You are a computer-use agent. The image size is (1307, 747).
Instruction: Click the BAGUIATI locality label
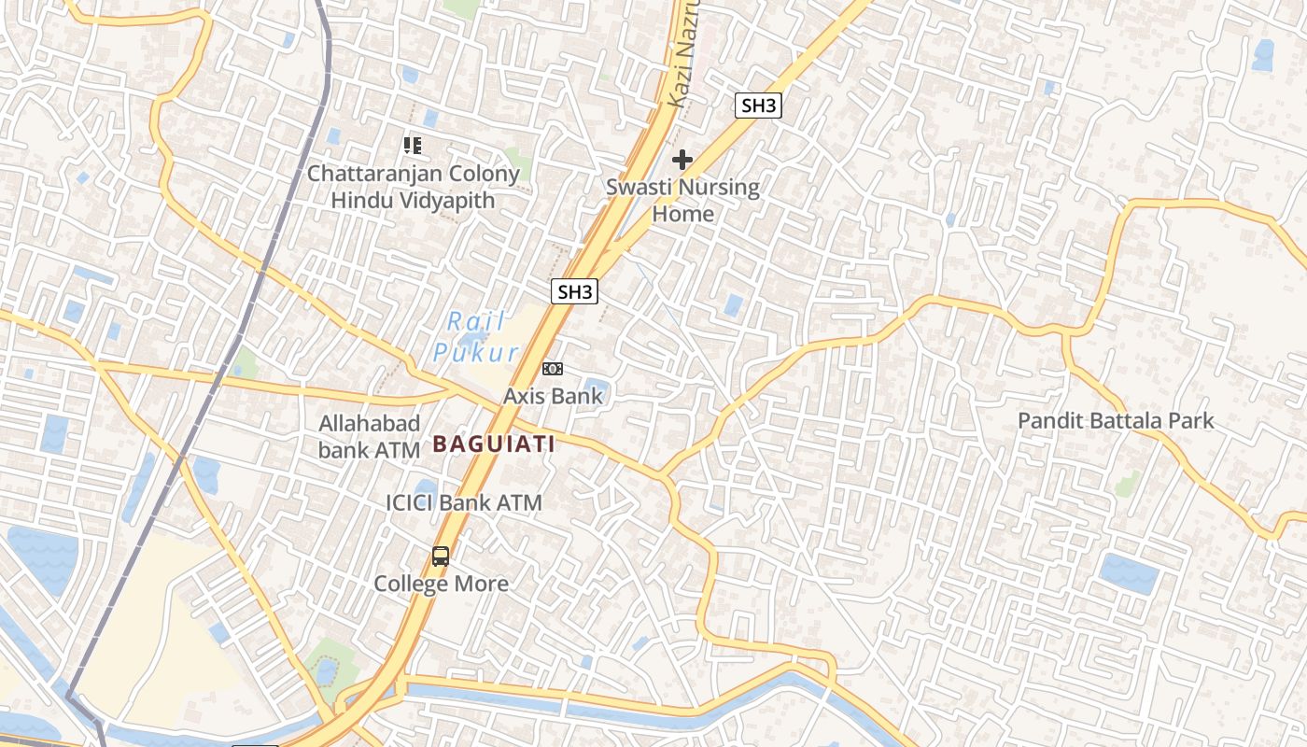[494, 444]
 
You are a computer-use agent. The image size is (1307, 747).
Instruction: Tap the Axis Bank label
[553, 396]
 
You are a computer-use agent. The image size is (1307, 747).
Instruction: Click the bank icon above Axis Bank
[553, 369]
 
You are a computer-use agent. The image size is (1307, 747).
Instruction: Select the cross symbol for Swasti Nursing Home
[682, 160]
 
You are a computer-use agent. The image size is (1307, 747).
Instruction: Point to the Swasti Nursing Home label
[682, 200]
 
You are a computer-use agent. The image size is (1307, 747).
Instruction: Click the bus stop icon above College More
[441, 557]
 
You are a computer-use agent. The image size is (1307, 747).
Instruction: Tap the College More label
[441, 584]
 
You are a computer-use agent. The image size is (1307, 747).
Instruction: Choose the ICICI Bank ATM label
[463, 502]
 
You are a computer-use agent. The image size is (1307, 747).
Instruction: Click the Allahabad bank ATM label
[369, 436]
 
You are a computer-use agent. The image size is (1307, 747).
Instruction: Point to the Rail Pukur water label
[476, 337]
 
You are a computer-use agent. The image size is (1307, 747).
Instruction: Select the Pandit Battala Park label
[1115, 420]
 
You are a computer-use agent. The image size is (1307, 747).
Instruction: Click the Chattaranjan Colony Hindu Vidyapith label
[413, 186]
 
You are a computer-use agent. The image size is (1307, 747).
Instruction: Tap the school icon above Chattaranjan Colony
[413, 145]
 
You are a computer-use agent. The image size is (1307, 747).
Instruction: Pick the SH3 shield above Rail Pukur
[574, 291]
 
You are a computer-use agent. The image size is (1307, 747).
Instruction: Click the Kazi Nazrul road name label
[683, 56]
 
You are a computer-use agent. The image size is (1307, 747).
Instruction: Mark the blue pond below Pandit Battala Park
[1129, 572]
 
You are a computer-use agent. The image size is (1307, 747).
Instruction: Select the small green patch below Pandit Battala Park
[1128, 483]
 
